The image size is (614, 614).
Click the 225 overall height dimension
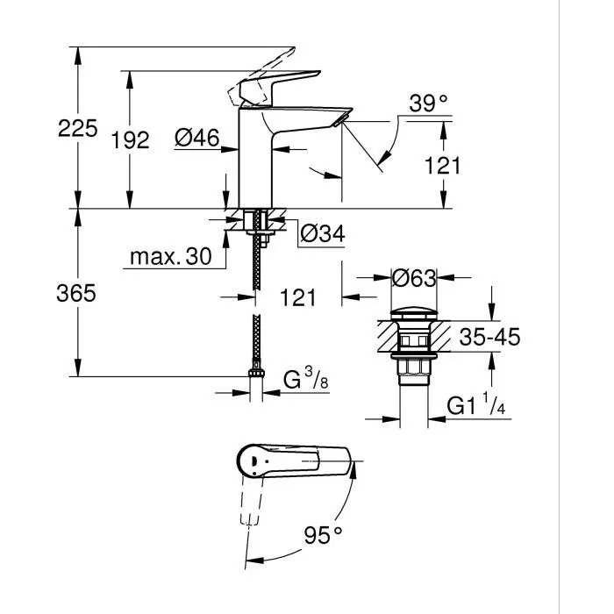(76, 129)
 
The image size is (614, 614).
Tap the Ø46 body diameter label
(196, 138)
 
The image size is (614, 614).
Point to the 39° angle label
(428, 104)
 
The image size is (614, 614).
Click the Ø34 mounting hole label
(322, 234)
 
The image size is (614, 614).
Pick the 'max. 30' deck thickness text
(171, 257)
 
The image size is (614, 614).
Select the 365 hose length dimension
(76, 294)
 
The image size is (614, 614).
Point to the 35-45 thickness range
(489, 337)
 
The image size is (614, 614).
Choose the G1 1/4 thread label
(477, 407)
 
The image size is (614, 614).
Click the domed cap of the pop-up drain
(413, 311)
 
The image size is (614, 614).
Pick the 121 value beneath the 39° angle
(442, 165)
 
